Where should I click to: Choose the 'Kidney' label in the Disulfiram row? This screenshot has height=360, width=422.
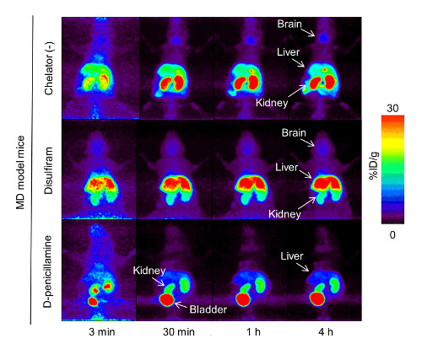click(285, 215)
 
